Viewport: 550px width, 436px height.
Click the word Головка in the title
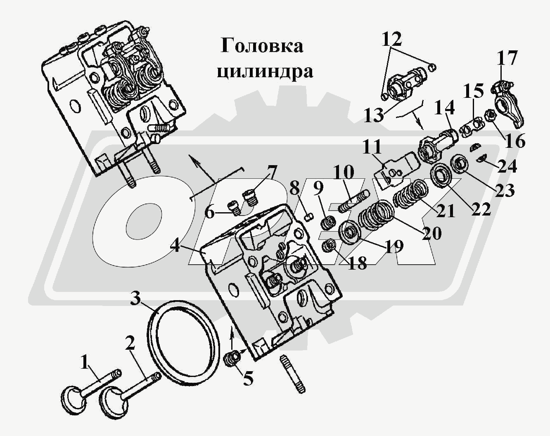[262, 46]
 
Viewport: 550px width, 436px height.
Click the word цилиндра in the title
[265, 71]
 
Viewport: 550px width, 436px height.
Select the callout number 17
[506, 59]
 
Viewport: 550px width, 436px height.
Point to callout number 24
[507, 166]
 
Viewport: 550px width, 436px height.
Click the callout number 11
[372, 147]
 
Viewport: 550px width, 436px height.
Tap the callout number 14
[444, 109]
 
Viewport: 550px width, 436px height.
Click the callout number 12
[391, 40]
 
